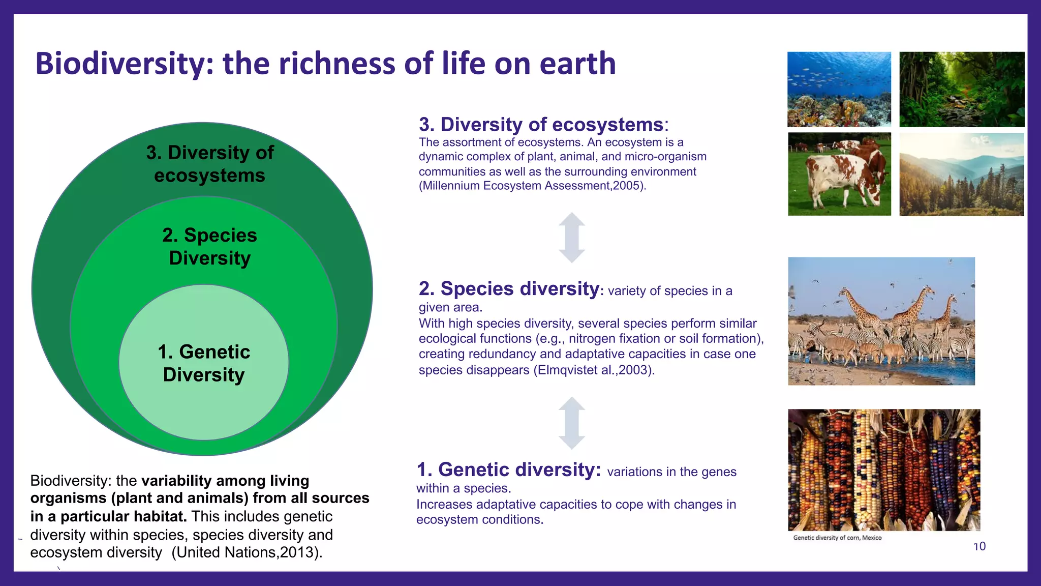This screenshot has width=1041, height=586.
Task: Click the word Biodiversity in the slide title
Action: pyautogui.click(x=119, y=64)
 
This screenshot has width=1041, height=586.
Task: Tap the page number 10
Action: pyautogui.click(x=979, y=546)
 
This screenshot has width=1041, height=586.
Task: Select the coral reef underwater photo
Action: pyautogui.click(x=839, y=89)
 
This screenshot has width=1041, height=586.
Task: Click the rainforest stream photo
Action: pyautogui.click(x=962, y=89)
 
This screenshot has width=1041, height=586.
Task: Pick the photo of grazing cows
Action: pyautogui.click(x=839, y=174)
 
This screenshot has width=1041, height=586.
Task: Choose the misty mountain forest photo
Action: pyautogui.click(x=961, y=174)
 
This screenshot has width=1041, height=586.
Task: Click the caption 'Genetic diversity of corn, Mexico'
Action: pyautogui.click(x=837, y=538)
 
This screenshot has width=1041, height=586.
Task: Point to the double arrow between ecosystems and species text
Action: pyautogui.click(x=572, y=238)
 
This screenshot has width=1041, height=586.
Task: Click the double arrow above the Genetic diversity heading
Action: pyautogui.click(x=572, y=423)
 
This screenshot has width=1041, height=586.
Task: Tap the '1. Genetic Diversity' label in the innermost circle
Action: pyautogui.click(x=204, y=363)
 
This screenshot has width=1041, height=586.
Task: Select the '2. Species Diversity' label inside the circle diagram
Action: pyautogui.click(x=209, y=246)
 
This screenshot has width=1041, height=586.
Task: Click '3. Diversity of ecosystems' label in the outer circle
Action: pyautogui.click(x=209, y=164)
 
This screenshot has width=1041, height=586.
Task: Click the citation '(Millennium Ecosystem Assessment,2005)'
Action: pyautogui.click(x=532, y=186)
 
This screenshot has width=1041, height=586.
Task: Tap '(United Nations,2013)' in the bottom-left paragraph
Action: pyautogui.click(x=247, y=552)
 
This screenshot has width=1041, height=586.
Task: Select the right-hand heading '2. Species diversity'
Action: pyautogui.click(x=509, y=289)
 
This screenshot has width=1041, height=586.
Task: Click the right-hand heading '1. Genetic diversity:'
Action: pyautogui.click(x=509, y=470)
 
